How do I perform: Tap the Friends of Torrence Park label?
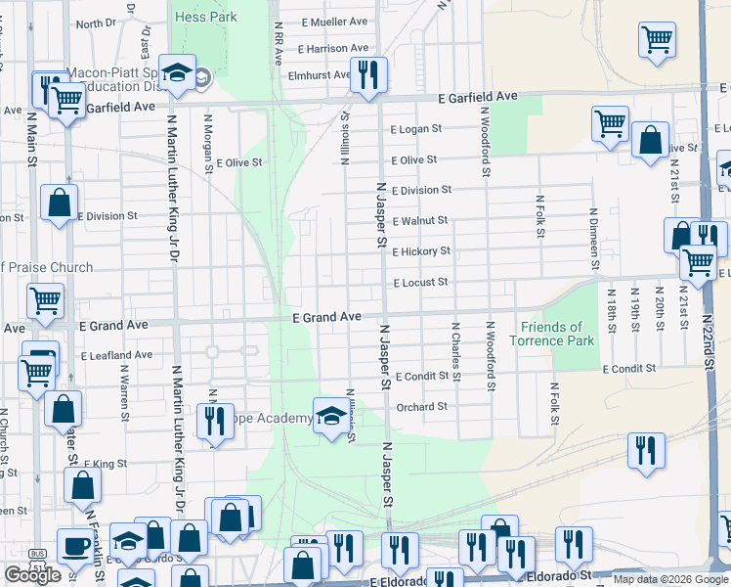click(551, 334)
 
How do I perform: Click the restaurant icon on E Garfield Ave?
click(368, 75)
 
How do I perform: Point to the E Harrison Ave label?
click(333, 48)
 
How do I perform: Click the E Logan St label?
click(416, 128)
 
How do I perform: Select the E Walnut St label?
click(419, 221)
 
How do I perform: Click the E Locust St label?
click(420, 283)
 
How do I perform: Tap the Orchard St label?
click(422, 407)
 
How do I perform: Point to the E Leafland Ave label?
click(117, 355)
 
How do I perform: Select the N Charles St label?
click(454, 347)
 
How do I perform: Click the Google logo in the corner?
click(32, 575)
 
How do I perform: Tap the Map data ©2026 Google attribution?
click(670, 579)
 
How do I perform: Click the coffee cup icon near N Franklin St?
click(75, 545)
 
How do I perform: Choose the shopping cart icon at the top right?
click(658, 41)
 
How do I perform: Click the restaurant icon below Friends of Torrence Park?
click(646, 451)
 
